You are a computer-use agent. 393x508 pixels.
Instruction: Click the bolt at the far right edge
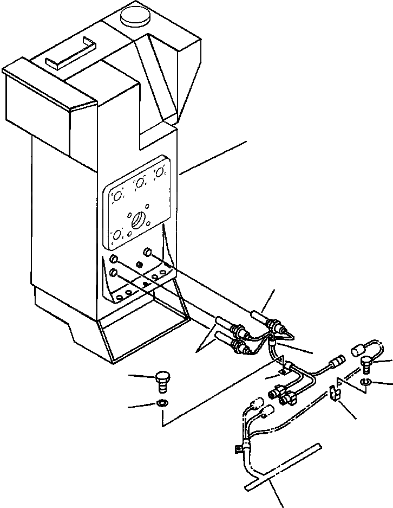[x=367, y=362]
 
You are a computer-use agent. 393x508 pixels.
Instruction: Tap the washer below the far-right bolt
[x=365, y=384]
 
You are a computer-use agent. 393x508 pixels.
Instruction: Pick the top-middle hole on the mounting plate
[x=140, y=183]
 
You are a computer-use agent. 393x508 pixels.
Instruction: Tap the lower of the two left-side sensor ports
[x=114, y=272]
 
